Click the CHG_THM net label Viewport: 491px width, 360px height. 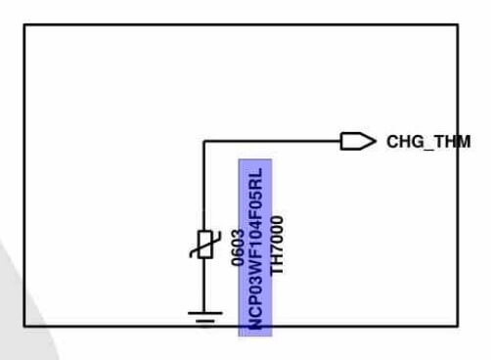coord(428,142)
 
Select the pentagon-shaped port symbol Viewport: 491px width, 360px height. coord(358,141)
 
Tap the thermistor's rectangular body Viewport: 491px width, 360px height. coord(205,245)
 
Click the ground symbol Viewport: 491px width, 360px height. coord(205,317)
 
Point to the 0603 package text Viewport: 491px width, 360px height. coord(238,247)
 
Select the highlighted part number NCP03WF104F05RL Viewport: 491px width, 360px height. coord(255,248)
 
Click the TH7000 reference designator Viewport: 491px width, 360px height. coord(277,246)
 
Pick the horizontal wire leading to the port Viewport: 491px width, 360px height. coord(272,141)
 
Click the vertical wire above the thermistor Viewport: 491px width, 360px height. coord(204,186)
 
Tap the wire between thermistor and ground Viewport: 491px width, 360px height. coord(204,285)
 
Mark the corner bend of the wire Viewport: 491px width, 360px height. coord(204,141)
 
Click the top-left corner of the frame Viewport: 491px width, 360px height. coord(24,24)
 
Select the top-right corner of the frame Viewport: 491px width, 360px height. coord(458,24)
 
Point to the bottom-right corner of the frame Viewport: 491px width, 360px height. coord(458,325)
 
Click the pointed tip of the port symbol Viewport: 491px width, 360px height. coord(377,141)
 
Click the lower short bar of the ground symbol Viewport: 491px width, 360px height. coord(205,322)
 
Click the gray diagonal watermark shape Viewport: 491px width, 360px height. coord(22,310)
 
